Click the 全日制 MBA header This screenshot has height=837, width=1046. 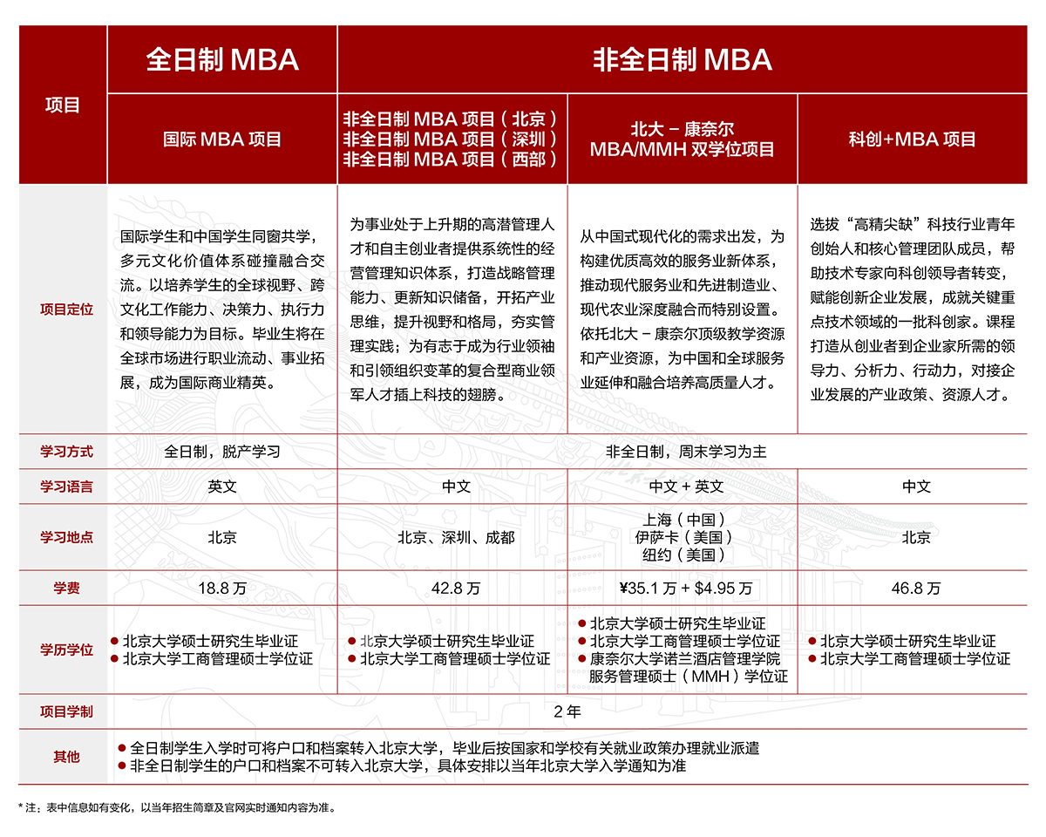coord(222,59)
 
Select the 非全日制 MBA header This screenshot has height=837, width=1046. coord(683,59)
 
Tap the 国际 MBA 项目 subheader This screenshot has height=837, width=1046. coord(222,139)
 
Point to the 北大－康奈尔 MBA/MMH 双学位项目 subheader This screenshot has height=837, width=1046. coord(683,139)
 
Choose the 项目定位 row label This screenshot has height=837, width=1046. coord(63,309)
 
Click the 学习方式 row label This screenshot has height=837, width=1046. coord(63,452)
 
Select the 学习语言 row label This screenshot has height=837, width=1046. coord(63,487)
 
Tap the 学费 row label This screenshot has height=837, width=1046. coord(63,589)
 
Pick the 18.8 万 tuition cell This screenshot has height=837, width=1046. coord(222,589)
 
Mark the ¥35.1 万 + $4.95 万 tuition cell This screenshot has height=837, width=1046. coord(683,589)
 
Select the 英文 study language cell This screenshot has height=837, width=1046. coord(222,487)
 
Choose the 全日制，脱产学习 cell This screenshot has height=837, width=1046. coord(222,452)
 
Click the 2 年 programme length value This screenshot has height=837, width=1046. coord(567,711)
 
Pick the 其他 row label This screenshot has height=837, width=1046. coord(63,757)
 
